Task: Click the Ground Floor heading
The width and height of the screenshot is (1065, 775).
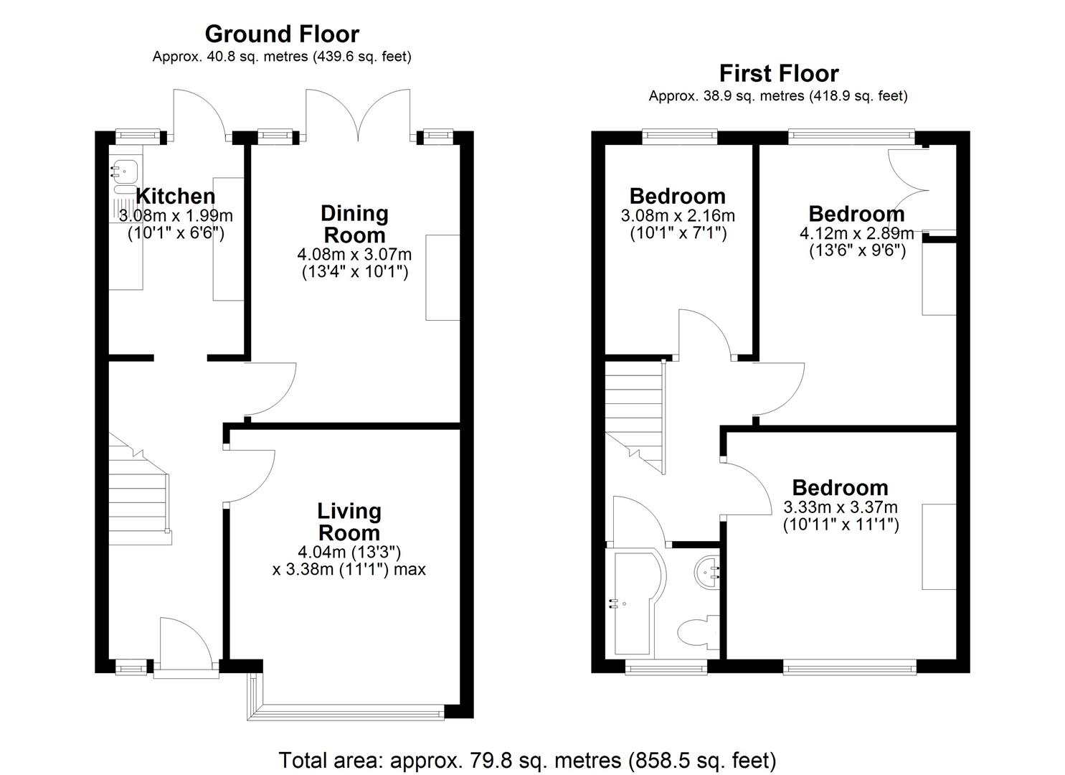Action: coord(282,34)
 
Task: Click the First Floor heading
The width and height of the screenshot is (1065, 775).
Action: coord(778,73)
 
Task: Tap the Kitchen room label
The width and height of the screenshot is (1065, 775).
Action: coord(175,196)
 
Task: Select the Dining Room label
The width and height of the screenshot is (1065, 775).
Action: coord(354,224)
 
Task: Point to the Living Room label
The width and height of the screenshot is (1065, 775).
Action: coord(349,522)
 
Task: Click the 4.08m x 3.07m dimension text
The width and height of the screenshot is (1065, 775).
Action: coord(354,255)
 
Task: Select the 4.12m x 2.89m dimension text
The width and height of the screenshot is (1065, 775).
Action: coord(856,234)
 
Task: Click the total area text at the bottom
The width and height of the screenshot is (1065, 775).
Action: coord(527,760)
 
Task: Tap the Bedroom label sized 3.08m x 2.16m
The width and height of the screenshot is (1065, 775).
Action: coord(677,196)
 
